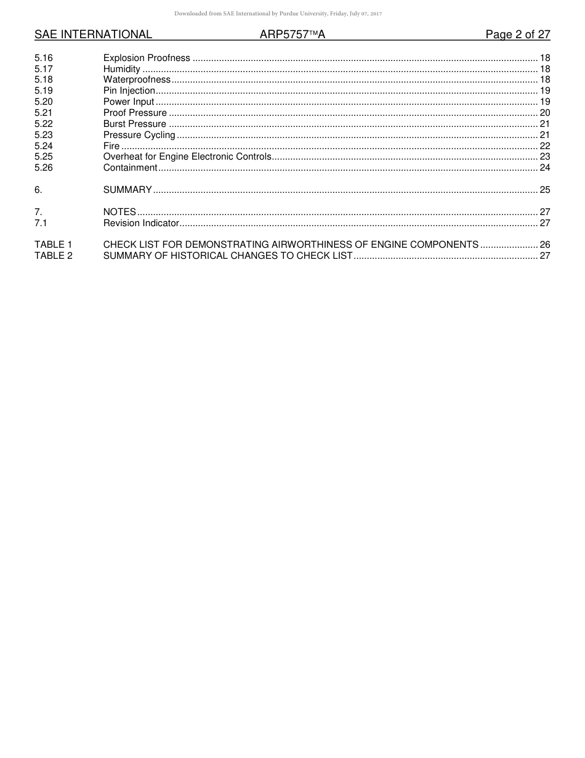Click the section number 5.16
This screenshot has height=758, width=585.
coord(44,58)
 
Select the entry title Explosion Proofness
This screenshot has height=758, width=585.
coord(147,58)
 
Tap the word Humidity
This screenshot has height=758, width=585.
coord(122,69)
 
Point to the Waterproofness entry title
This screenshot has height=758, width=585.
coord(137,80)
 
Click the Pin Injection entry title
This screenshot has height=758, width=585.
coord(129,91)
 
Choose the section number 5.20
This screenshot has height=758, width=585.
coord(44,102)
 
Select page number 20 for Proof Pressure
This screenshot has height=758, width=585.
coord(544,113)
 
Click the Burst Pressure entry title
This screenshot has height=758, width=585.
coord(135,124)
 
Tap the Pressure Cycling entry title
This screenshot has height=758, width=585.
coord(139,135)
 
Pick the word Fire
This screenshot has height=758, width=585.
coord(111,146)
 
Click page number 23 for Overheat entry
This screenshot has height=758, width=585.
coord(544,157)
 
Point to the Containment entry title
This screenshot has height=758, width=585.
coord(131,168)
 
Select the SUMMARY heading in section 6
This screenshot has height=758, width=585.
coord(127,190)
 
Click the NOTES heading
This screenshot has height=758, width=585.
coord(119,212)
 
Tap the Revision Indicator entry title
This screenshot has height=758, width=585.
coord(141,223)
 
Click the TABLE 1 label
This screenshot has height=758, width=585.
coord(54,245)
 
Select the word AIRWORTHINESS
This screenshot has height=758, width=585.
coord(312,245)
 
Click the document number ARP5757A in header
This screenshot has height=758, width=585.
coord(292,35)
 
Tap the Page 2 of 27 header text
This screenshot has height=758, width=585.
coord(517,35)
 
